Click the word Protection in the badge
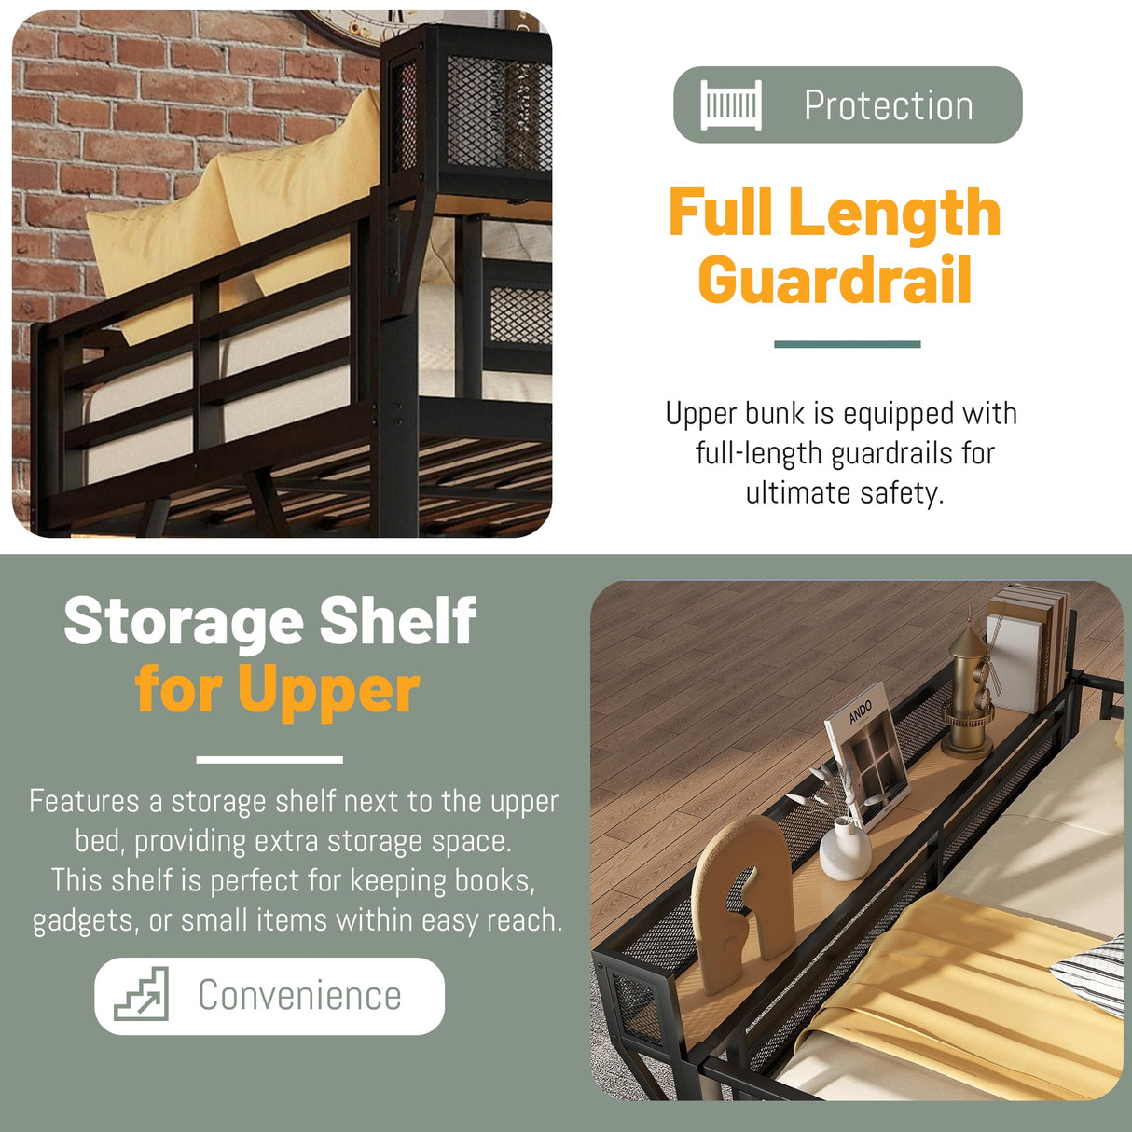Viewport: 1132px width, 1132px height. coord(888,105)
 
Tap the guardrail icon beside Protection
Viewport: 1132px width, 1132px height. coord(731,104)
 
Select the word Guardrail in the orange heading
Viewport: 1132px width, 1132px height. coord(835,280)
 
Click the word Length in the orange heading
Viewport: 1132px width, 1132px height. coord(894,213)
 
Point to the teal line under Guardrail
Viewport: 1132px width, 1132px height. coord(847,344)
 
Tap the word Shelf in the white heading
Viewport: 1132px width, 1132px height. coord(398,621)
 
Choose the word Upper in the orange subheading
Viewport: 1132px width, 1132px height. coord(328,690)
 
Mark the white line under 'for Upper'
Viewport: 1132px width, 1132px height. coord(269,760)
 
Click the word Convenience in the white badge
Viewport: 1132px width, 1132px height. coord(299,996)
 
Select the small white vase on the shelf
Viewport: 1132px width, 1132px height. coord(844,849)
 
